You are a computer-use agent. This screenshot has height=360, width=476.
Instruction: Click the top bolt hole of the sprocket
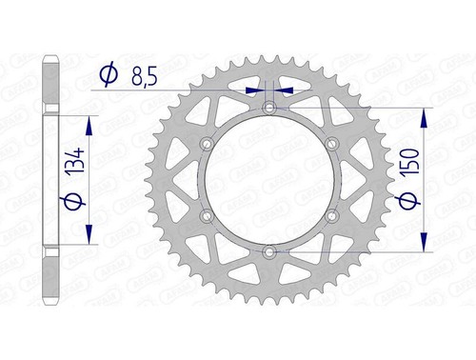269,108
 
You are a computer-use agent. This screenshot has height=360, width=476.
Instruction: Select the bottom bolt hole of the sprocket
269,251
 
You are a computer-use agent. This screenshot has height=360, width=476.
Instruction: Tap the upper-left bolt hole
207,144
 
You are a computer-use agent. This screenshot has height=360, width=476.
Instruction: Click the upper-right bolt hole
331,144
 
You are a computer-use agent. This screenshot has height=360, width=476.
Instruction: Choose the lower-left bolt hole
207,216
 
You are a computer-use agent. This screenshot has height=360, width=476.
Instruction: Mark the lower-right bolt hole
331,216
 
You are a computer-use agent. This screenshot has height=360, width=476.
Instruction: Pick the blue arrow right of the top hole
287,91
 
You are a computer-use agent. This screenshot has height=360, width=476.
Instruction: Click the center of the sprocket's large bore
269,180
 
